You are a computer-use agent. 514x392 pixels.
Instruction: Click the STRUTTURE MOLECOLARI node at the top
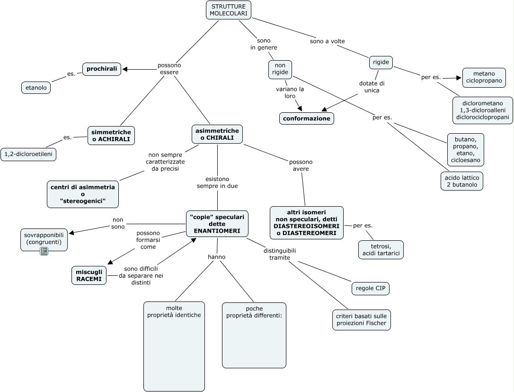pyautogui.click(x=228, y=10)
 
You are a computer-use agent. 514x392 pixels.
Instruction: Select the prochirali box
pyautogui.click(x=102, y=69)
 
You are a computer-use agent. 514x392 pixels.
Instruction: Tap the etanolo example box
pyautogui.click(x=36, y=88)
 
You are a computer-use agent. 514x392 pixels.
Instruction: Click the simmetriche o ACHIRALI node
pyautogui.click(x=111, y=136)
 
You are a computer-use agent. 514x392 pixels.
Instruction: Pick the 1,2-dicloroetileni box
pyautogui.click(x=28, y=154)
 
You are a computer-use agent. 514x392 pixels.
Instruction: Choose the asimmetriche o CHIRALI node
pyautogui.click(x=217, y=134)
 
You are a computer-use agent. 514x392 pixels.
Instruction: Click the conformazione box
pyautogui.click(x=307, y=119)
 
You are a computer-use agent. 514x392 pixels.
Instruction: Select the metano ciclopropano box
pyautogui.click(x=484, y=77)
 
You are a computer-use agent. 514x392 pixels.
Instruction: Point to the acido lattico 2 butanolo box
pyautogui.click(x=461, y=181)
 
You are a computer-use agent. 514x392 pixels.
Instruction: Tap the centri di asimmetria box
pyautogui.click(x=83, y=194)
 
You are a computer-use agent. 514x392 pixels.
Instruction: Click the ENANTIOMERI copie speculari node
pyautogui.click(x=217, y=224)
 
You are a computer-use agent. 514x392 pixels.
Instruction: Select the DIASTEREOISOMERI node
pyautogui.click(x=307, y=222)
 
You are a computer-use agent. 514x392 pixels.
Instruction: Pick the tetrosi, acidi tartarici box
pyautogui.click(x=381, y=250)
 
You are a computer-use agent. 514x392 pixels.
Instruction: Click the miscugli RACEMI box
pyautogui.click(x=89, y=275)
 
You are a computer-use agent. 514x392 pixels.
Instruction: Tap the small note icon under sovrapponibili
pyautogui.click(x=44, y=251)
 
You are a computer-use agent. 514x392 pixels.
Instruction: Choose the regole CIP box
pyautogui.click(x=371, y=288)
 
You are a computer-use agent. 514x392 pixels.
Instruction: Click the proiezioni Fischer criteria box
pyautogui.click(x=362, y=320)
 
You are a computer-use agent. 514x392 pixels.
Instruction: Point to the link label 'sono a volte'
pyautogui.click(x=327, y=41)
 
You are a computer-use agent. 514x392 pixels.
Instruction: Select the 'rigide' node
pyautogui.click(x=381, y=62)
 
